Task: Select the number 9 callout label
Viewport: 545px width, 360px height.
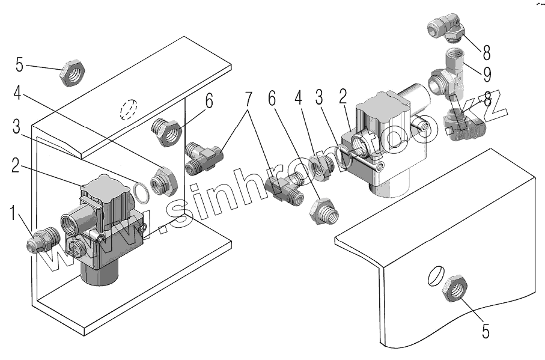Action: coord(487,73)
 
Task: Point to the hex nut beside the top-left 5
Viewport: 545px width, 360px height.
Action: coord(73,73)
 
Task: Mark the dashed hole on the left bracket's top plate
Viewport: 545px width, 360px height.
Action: coord(129,111)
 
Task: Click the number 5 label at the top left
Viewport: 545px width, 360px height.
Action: coord(19,63)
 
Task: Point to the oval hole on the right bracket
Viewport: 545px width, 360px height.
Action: coord(435,276)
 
